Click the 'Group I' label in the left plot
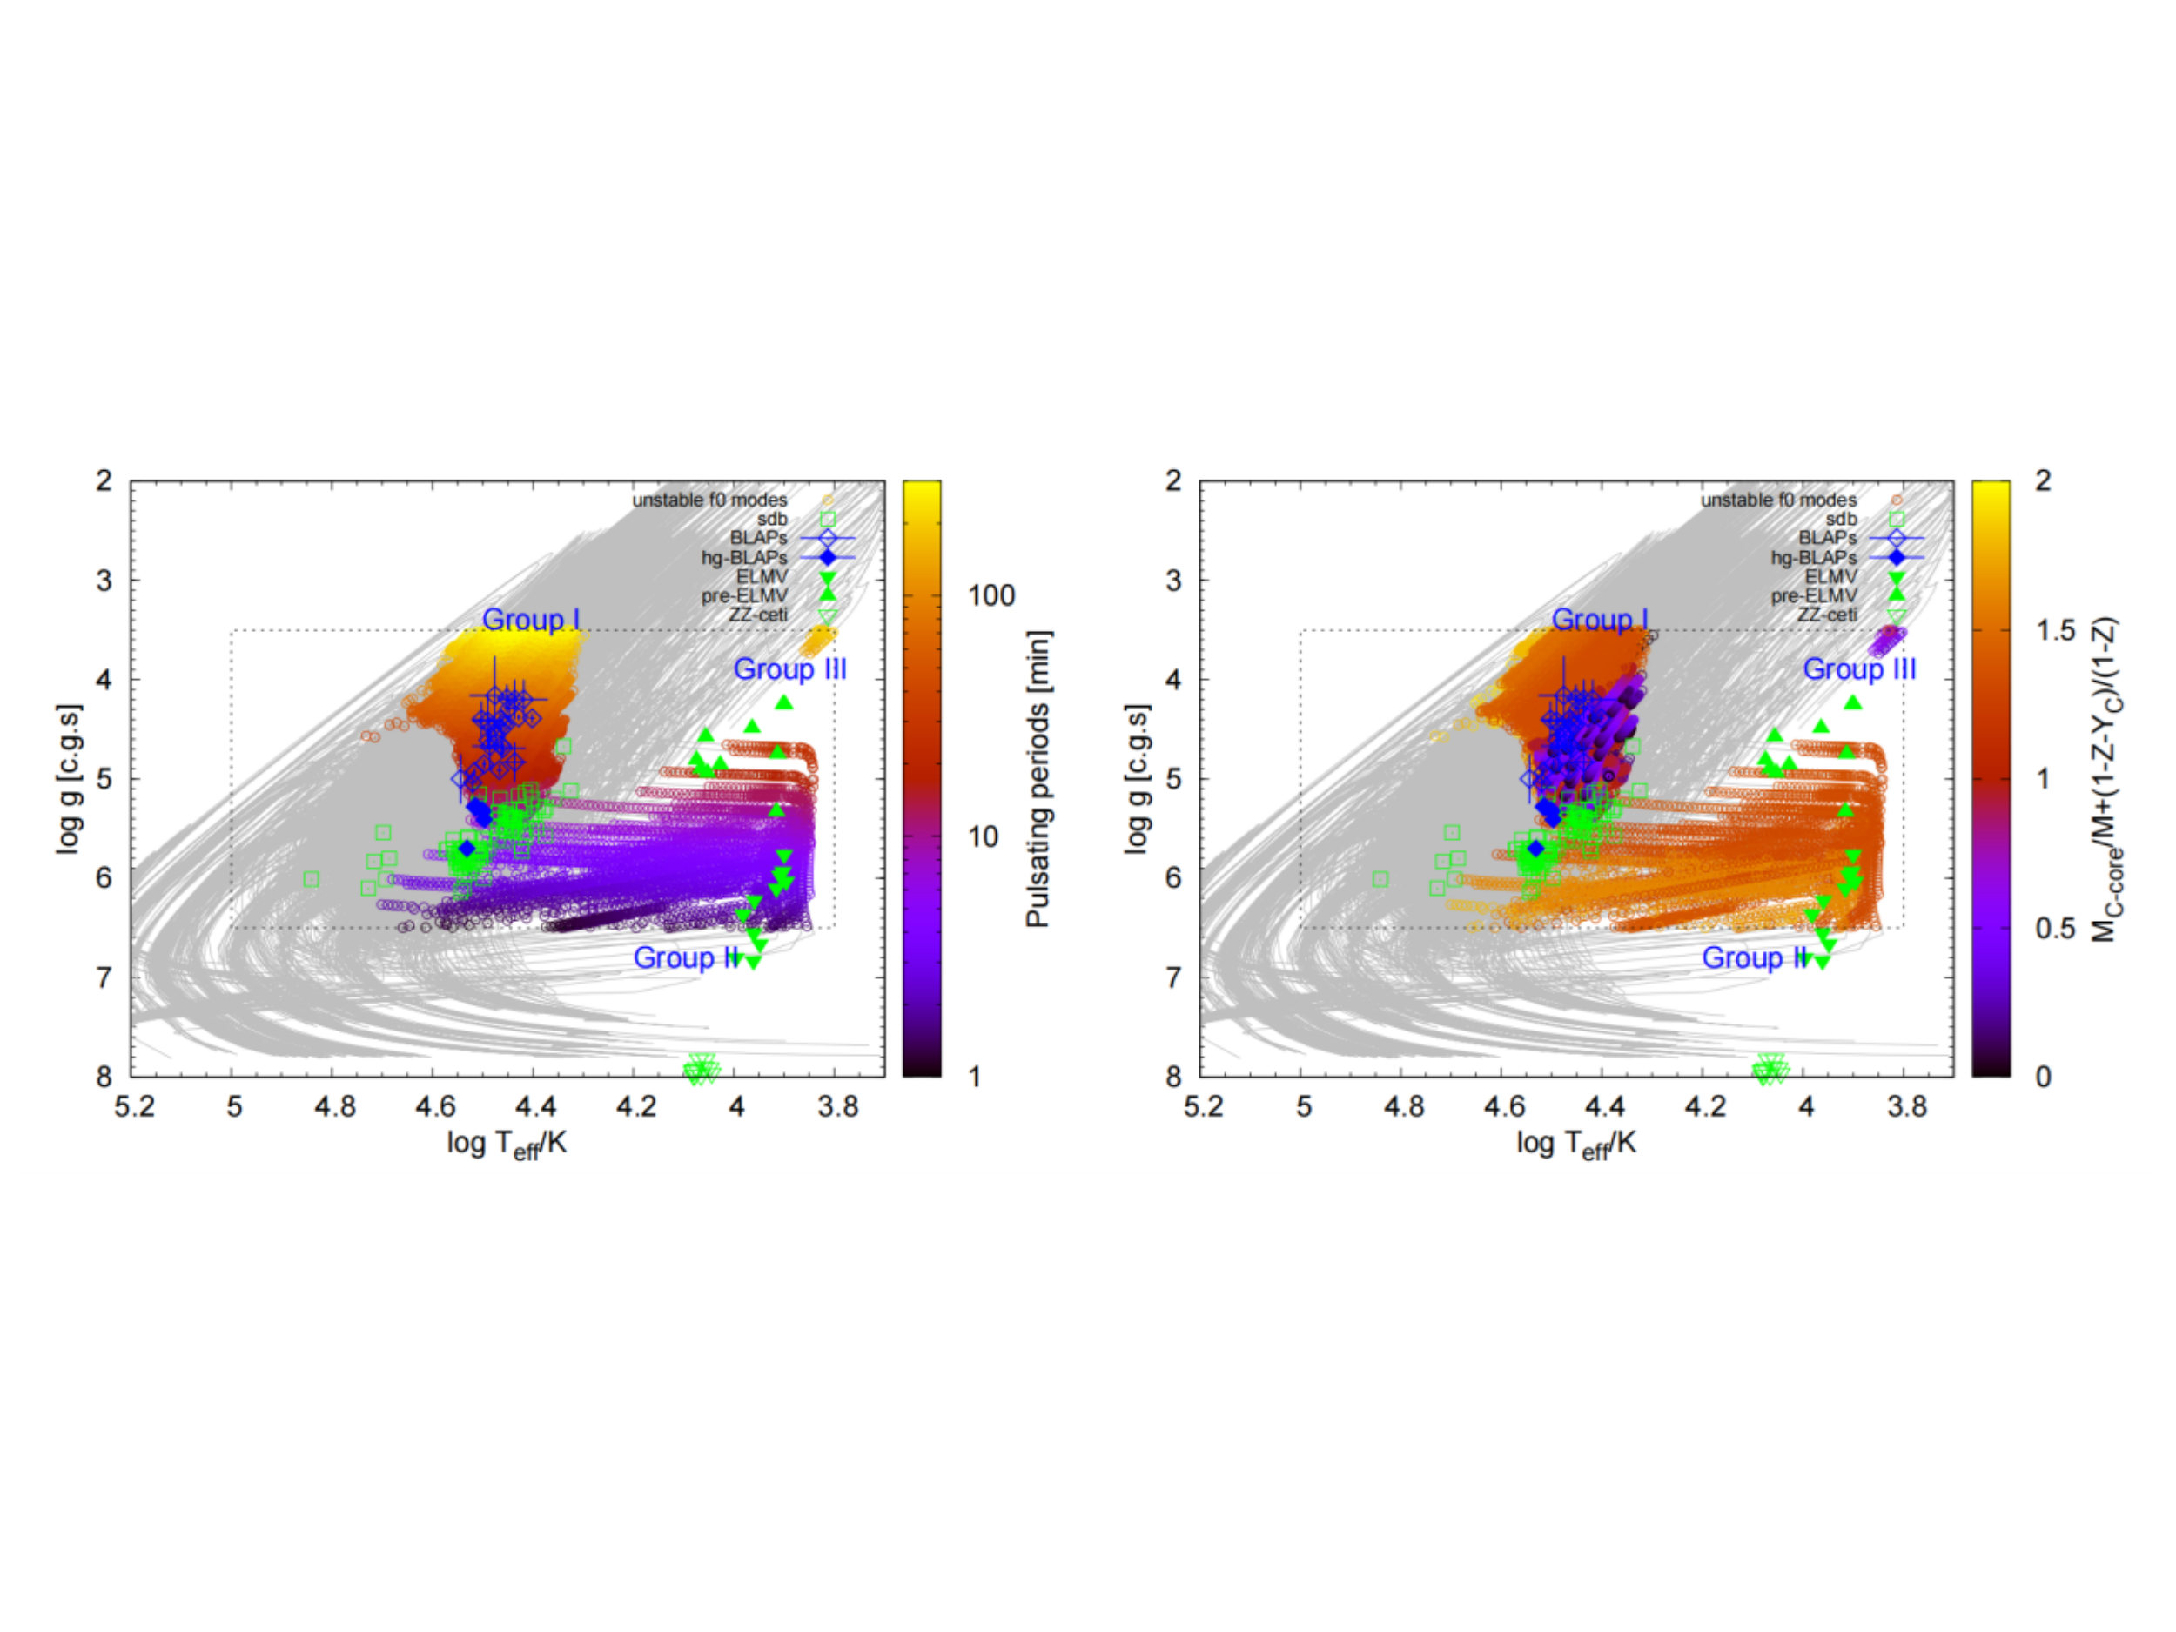click(530, 620)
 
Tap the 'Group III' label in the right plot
click(1859, 669)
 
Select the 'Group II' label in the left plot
click(687, 957)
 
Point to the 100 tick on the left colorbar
click(991, 595)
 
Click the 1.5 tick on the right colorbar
click(2055, 630)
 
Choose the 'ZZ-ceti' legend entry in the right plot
click(1827, 615)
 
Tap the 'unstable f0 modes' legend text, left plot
click(709, 500)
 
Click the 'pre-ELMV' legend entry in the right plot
click(1814, 596)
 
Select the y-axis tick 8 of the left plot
click(104, 1076)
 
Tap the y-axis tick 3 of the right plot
click(1173, 581)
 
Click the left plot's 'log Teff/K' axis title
click(507, 1144)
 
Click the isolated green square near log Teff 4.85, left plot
click(312, 878)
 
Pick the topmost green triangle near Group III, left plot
click(783, 702)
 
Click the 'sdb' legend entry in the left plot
click(772, 520)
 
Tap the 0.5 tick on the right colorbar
click(2055, 929)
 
